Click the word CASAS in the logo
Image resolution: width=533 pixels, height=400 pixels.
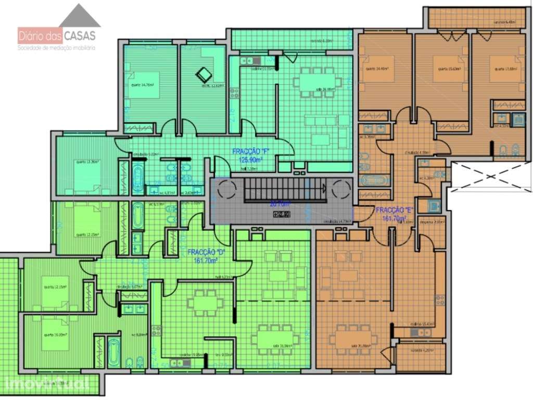80,36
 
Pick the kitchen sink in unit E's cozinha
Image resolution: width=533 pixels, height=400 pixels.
415,332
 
